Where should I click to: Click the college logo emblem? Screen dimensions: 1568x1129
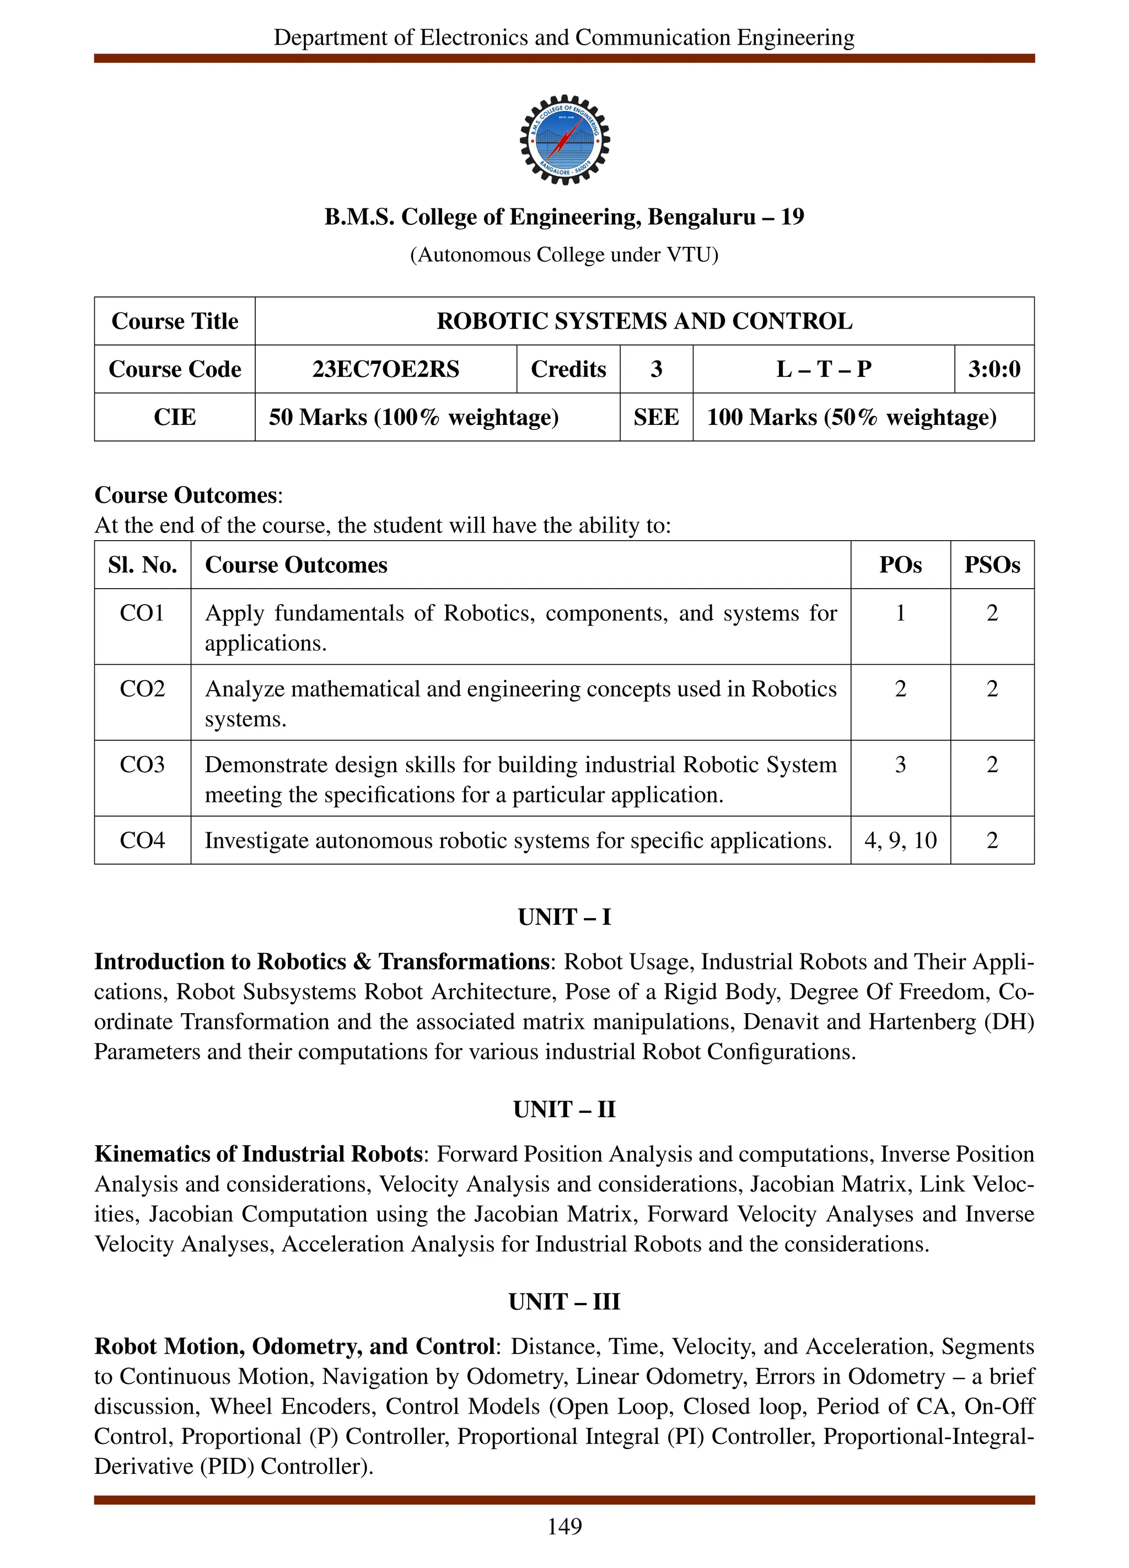564,139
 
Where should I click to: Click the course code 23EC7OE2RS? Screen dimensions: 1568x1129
385,369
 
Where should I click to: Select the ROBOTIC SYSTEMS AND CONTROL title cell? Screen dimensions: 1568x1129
644,321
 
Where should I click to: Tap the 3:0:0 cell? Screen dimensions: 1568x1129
993,369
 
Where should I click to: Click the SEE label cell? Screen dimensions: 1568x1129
655,417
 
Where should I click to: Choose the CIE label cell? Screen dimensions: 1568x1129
174,417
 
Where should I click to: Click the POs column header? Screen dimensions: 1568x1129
900,565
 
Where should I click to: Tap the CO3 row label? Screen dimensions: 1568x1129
142,764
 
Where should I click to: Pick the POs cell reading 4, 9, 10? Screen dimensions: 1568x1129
900,840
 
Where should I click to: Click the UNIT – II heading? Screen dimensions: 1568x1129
564,1109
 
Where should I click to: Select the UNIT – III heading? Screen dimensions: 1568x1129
564,1301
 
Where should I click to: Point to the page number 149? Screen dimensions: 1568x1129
564,1526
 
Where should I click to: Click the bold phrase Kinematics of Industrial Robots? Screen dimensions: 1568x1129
259,1154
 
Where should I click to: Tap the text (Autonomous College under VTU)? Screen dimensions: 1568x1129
564,255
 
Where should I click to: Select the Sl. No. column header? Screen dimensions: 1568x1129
142,565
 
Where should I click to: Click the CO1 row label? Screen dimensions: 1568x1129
142,613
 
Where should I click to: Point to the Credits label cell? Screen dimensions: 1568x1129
568,369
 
